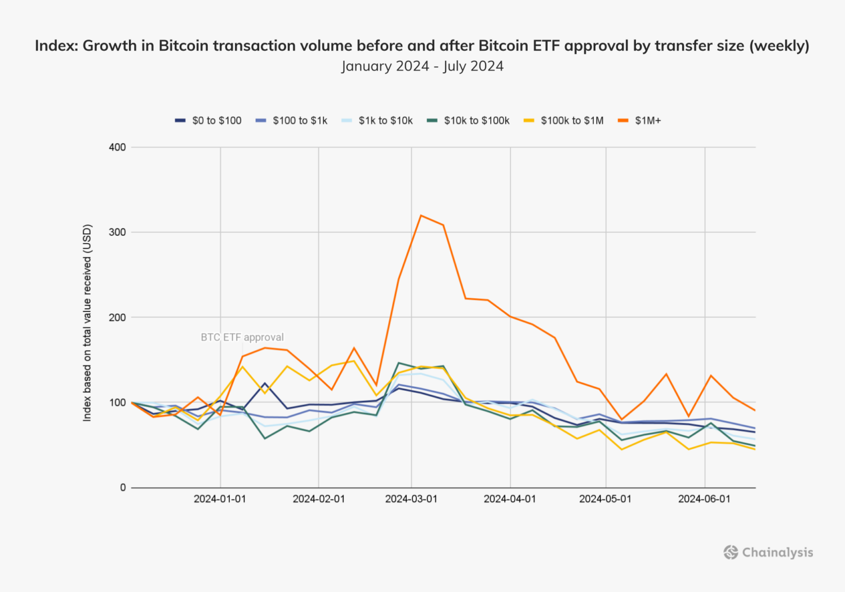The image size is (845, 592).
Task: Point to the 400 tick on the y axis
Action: point(117,147)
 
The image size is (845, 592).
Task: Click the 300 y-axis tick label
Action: point(117,232)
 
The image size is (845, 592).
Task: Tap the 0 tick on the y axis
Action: point(123,488)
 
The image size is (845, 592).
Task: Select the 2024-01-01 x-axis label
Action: point(220,499)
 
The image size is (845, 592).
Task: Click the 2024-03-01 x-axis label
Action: point(411,499)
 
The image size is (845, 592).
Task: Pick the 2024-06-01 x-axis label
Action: point(704,499)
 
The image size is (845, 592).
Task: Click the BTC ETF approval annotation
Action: point(242,337)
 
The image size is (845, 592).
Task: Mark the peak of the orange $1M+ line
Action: point(421,215)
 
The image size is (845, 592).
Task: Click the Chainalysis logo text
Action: point(777,553)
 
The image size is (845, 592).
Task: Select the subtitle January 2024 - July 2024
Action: point(422,66)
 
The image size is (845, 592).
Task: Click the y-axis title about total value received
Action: point(87,322)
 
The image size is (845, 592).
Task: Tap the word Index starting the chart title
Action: point(56,46)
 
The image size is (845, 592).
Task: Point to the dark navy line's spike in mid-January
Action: point(265,383)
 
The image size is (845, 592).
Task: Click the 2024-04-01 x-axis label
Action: point(509,499)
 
